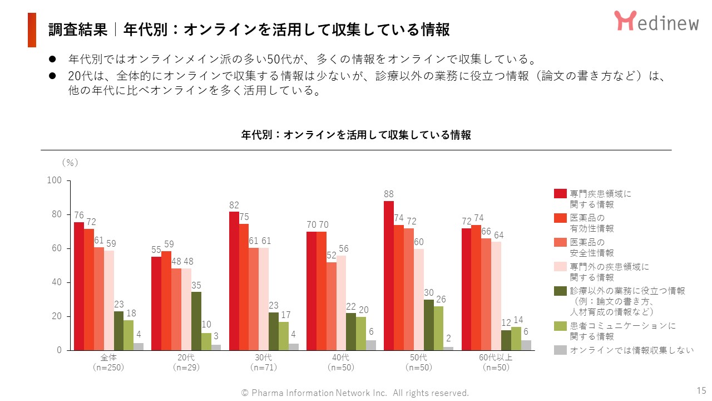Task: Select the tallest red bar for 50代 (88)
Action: [x=389, y=276]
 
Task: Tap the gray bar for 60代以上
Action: [x=526, y=345]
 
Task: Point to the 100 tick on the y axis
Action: [x=54, y=180]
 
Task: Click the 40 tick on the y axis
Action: [x=56, y=282]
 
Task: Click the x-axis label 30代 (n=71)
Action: [x=264, y=362]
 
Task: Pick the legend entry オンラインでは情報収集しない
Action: [x=632, y=350]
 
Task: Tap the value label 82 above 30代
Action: [x=234, y=205]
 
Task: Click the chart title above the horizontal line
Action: [x=356, y=135]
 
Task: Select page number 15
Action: [x=701, y=389]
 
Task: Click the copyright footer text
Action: [x=355, y=393]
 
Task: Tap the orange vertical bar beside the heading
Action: [x=32, y=30]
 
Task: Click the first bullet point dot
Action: [x=52, y=59]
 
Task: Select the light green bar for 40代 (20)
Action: [x=361, y=333]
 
